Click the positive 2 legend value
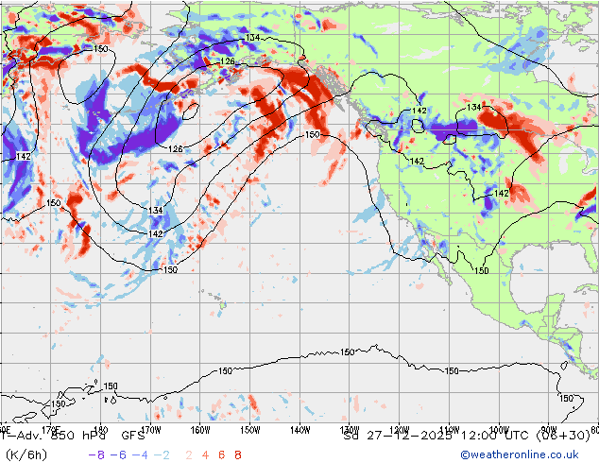(189, 454)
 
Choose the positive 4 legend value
(205, 454)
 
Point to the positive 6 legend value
(221, 454)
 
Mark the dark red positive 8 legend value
(237, 454)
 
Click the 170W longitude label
(149, 429)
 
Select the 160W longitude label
(199, 429)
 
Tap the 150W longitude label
(249, 429)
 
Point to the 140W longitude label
(299, 429)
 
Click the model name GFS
(132, 437)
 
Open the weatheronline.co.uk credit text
(525, 454)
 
